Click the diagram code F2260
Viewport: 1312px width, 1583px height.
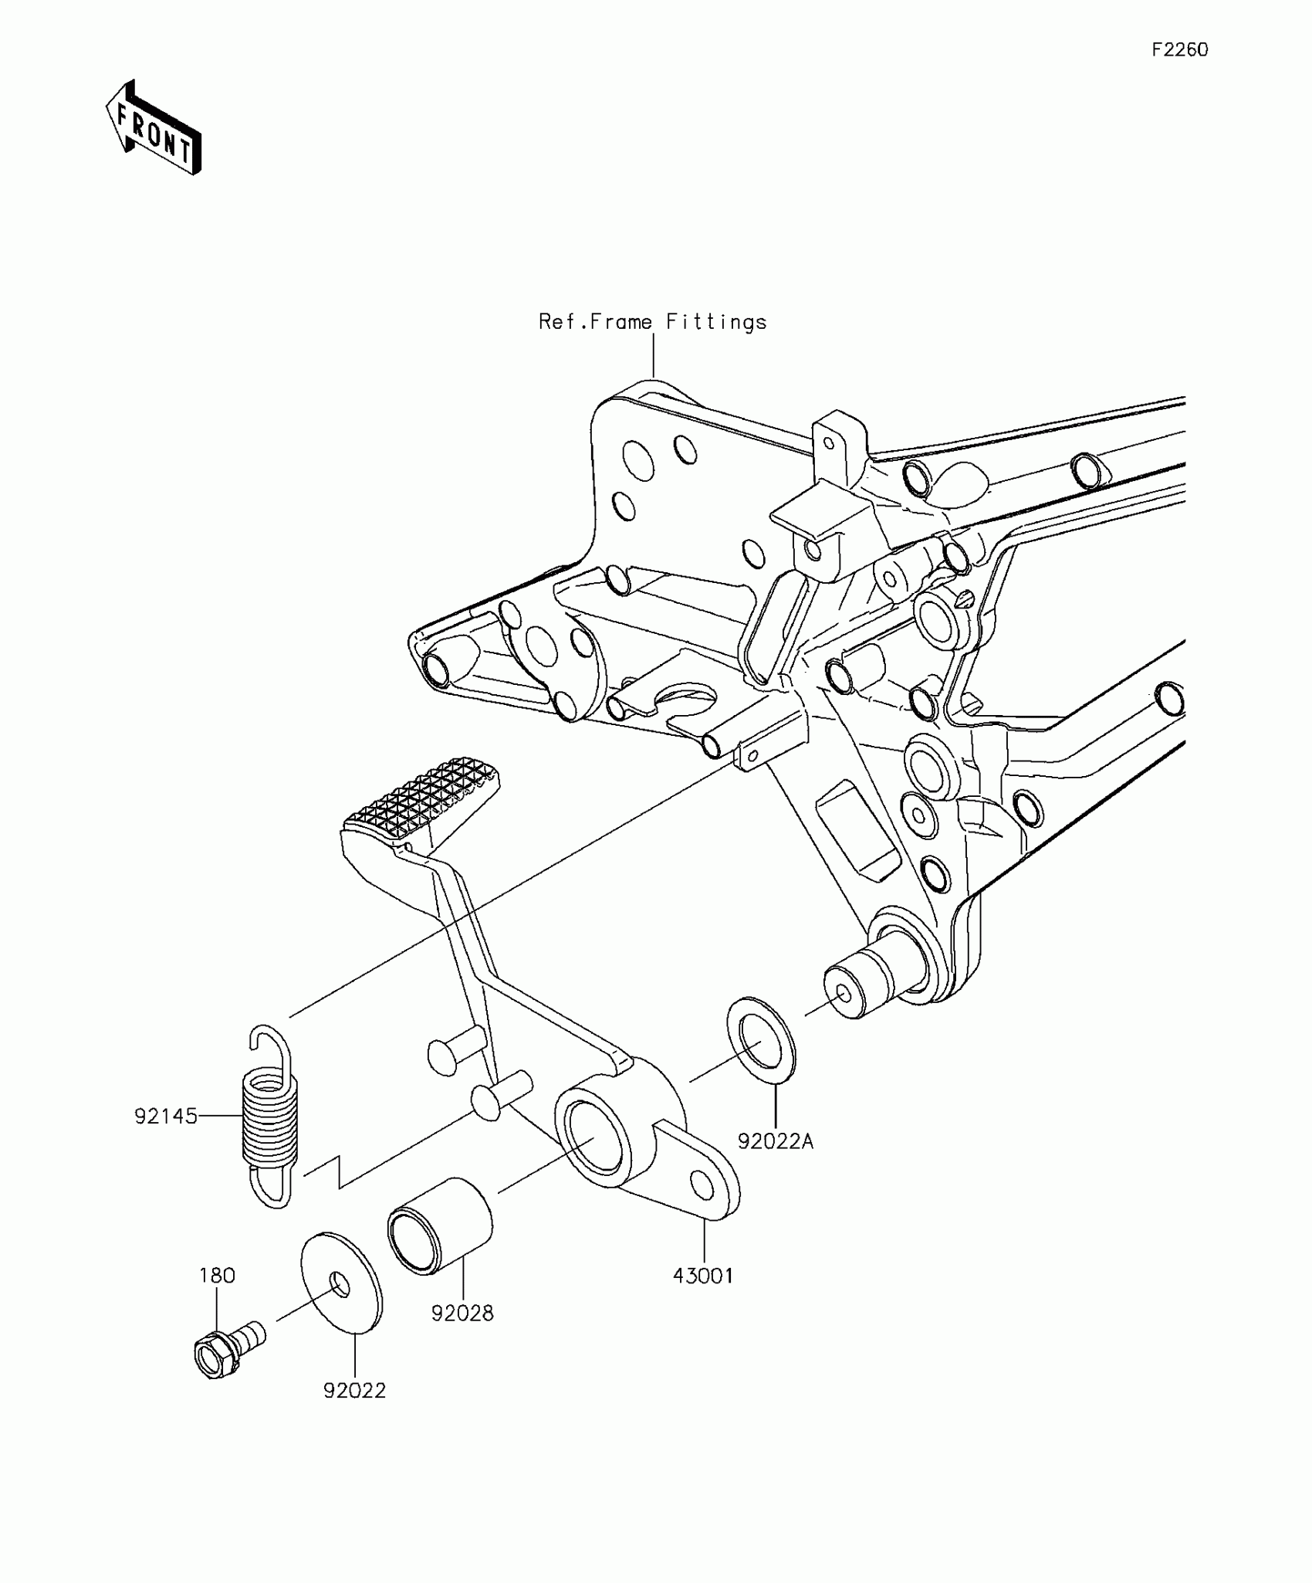click(x=1180, y=50)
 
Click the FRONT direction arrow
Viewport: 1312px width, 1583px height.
click(x=154, y=127)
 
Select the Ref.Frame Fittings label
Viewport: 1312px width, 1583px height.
click(x=652, y=322)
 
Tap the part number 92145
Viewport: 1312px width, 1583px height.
click(x=166, y=1117)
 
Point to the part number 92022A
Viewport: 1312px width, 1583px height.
click(x=776, y=1163)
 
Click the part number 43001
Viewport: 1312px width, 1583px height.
click(x=703, y=1276)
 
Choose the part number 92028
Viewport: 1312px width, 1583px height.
click(x=462, y=1313)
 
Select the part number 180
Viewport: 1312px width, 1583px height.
click(x=217, y=1276)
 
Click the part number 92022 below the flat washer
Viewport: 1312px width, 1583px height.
click(x=354, y=1391)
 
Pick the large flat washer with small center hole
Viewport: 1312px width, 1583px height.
click(x=341, y=1283)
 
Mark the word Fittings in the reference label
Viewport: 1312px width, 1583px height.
click(x=716, y=322)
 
